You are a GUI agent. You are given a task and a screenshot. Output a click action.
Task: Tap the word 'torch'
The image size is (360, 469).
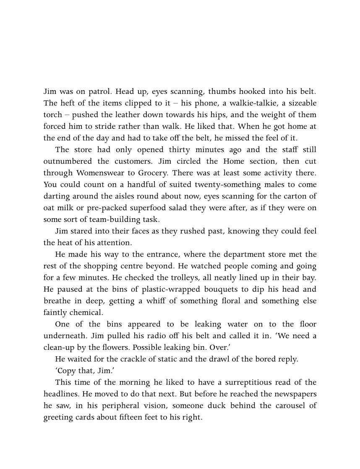(x=52, y=115)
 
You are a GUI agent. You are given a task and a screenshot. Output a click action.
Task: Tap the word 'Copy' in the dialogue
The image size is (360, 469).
(x=68, y=371)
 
